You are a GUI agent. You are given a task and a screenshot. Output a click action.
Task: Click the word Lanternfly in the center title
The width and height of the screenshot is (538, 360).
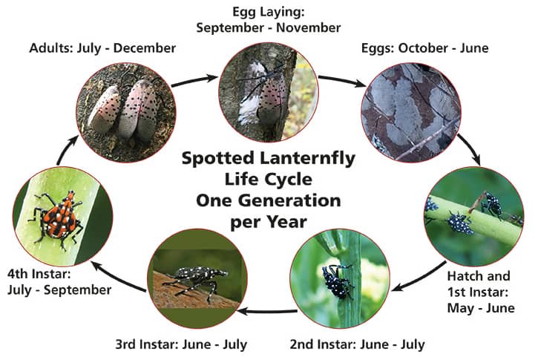(x=307, y=159)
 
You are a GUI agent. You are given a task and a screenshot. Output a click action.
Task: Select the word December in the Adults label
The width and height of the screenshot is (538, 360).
(x=145, y=48)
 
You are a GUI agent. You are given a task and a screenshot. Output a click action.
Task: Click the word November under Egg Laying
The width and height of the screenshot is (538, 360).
(x=308, y=27)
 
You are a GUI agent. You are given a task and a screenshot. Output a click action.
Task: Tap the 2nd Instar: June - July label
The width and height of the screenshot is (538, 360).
(x=357, y=344)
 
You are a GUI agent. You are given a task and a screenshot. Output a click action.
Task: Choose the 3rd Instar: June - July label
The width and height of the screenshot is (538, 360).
(x=181, y=344)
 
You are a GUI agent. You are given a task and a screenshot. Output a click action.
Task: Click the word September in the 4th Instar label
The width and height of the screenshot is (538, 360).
(x=77, y=290)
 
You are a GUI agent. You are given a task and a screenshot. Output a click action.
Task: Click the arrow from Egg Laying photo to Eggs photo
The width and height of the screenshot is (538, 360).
(x=342, y=81)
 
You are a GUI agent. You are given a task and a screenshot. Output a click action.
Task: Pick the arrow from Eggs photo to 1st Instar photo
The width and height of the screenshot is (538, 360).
(x=470, y=148)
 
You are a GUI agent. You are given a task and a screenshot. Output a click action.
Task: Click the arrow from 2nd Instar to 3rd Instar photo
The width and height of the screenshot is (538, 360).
(x=268, y=312)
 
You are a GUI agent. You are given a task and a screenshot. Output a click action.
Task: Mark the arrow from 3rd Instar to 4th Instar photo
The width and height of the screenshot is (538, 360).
(x=117, y=278)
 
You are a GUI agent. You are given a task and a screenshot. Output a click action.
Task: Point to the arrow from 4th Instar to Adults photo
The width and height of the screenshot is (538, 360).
(x=67, y=150)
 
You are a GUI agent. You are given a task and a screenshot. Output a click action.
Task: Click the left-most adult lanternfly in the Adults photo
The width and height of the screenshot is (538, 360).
(x=104, y=109)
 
